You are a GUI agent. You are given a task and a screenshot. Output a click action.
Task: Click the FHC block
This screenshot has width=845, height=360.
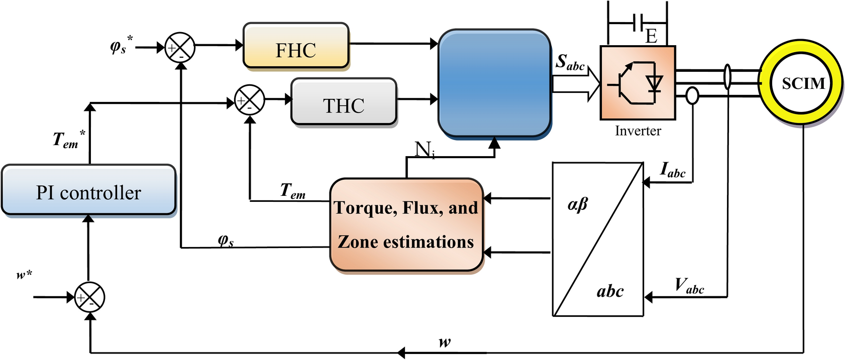(x=296, y=46)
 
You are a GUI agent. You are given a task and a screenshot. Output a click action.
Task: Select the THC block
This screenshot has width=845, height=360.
(x=344, y=102)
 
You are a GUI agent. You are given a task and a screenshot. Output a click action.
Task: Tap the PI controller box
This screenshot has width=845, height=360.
(x=88, y=190)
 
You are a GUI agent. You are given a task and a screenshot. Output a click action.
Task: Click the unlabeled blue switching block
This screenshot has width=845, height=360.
(x=494, y=83)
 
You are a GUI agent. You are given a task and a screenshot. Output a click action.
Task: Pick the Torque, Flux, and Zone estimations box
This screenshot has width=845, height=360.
(x=406, y=224)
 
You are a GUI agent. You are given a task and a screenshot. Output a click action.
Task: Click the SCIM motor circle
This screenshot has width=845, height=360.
(x=803, y=83)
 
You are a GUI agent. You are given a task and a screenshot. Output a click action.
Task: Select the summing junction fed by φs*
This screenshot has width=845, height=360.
(x=180, y=48)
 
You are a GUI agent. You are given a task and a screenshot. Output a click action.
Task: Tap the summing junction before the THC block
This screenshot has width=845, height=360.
(x=250, y=100)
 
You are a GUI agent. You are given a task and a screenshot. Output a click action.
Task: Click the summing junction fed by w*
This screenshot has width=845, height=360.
(x=89, y=297)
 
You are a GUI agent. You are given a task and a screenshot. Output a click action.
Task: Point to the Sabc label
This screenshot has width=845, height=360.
(x=570, y=63)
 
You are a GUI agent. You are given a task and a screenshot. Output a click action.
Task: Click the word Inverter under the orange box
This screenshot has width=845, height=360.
(x=638, y=131)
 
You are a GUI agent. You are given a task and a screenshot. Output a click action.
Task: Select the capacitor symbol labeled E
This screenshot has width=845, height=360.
(x=638, y=23)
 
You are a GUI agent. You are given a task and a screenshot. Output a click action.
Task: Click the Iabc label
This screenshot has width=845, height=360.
(x=673, y=170)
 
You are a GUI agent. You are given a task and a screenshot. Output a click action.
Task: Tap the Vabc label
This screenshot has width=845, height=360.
(x=689, y=286)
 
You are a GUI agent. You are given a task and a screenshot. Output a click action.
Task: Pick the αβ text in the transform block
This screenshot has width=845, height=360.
(x=577, y=204)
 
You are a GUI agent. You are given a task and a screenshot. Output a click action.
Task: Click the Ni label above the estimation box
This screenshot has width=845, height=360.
(x=425, y=149)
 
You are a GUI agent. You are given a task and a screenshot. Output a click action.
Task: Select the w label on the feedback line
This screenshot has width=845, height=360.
(x=445, y=342)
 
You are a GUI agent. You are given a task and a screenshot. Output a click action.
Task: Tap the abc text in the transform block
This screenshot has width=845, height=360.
(x=610, y=291)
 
